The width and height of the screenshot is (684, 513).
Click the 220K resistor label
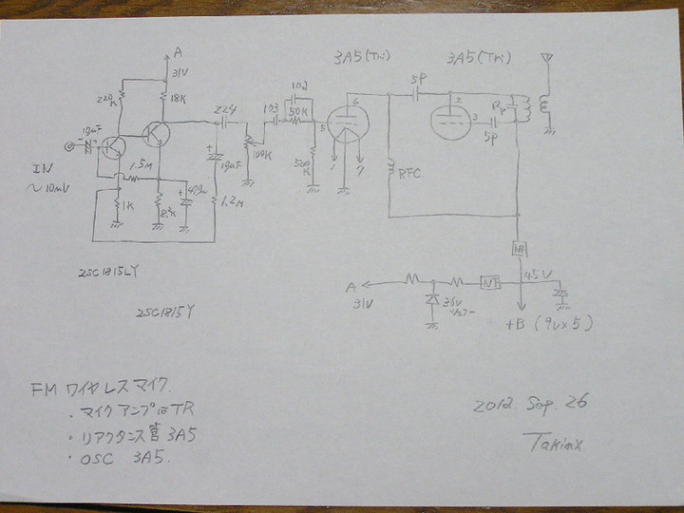[x=106, y=98]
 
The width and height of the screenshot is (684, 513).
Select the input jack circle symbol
[x=68, y=146]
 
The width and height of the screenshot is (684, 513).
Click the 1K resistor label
[x=127, y=203]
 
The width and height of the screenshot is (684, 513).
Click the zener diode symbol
[x=434, y=302]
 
